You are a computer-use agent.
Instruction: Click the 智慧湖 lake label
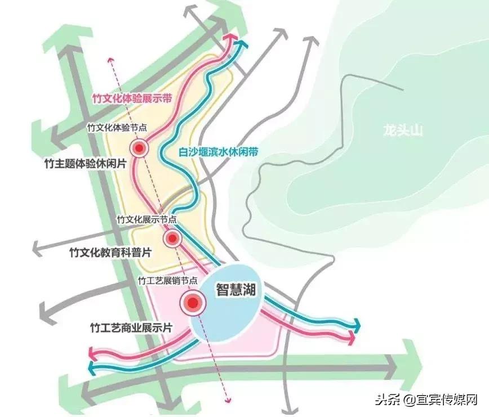pos(237,289)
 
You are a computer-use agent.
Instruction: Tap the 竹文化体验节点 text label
pos(117,128)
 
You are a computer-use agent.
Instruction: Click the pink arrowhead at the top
pos(230,36)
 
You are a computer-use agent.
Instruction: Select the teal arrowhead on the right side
pos(357,325)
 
